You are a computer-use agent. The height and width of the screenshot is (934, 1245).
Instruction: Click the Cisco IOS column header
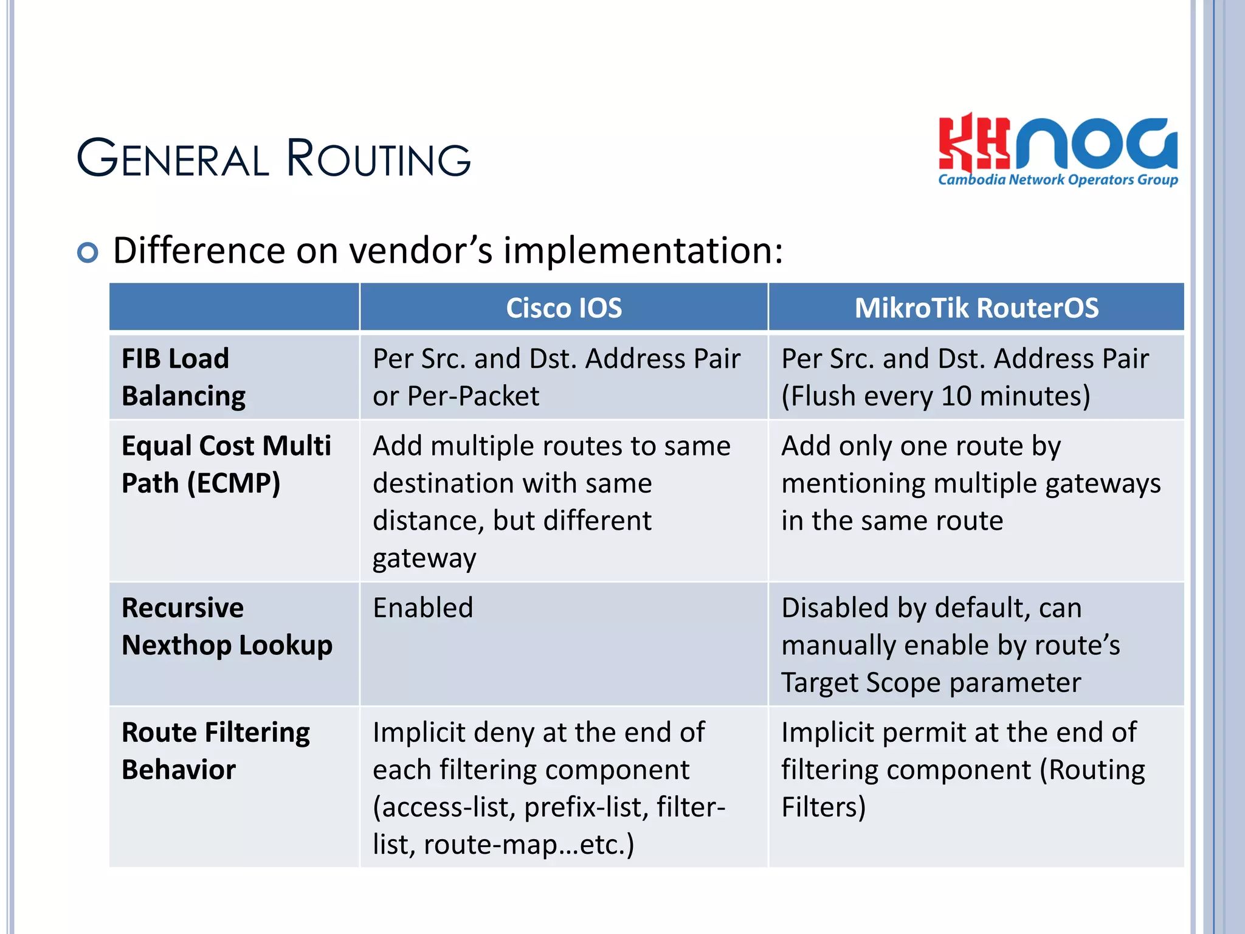(564, 308)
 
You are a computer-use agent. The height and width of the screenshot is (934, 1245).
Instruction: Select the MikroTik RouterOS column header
(976, 308)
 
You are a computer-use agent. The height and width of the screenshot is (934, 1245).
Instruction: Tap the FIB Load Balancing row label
(184, 377)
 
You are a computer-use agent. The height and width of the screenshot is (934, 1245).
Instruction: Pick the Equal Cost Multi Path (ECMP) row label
(226, 464)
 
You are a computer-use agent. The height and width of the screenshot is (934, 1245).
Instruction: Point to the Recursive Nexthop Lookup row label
(227, 626)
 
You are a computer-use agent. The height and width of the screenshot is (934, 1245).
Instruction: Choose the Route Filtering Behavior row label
(215, 751)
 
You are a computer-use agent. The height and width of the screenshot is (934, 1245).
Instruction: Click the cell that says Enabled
(423, 607)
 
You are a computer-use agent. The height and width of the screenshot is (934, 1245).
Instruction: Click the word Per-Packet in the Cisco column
(473, 396)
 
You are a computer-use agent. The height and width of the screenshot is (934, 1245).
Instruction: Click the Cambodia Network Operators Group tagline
(1058, 180)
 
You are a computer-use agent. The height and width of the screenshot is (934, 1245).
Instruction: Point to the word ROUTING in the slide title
(378, 159)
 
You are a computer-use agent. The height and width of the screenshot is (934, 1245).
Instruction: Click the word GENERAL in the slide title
(173, 159)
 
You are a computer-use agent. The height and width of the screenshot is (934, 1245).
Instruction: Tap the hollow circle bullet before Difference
(88, 252)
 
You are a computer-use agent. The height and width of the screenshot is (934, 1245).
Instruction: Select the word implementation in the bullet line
(638, 251)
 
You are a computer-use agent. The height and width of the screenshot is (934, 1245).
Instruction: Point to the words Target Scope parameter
(931, 683)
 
